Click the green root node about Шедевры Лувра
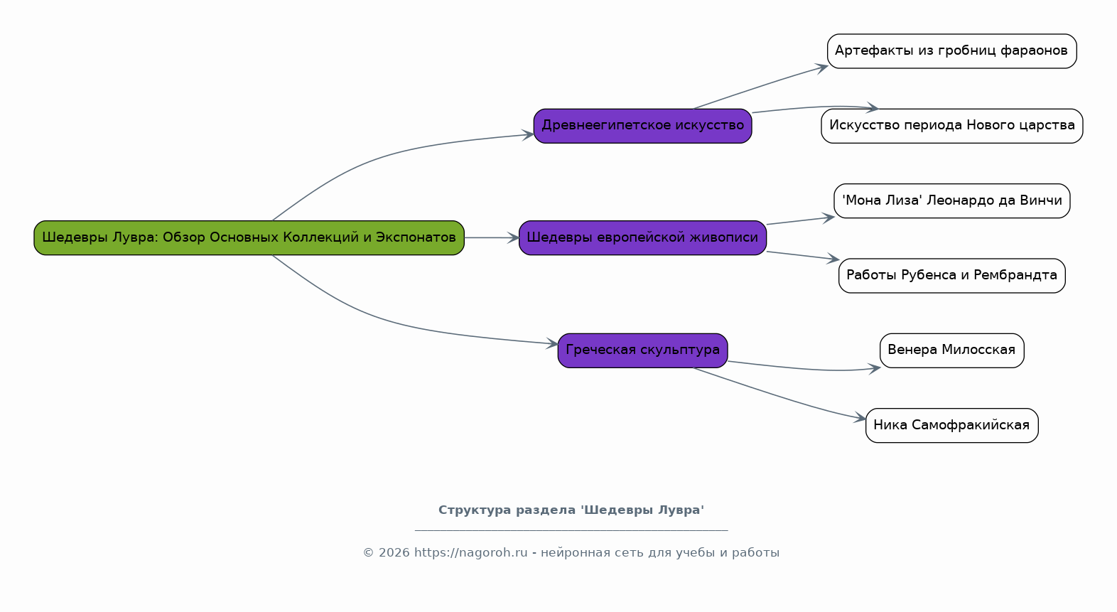(249, 237)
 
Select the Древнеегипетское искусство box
(642, 126)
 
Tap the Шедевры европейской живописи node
(642, 237)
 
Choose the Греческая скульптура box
(642, 350)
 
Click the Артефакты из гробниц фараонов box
(951, 51)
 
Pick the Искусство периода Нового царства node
(951, 126)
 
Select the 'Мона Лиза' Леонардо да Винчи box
(951, 200)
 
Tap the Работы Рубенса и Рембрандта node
(951, 275)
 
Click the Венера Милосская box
(951, 350)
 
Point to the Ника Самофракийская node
(951, 425)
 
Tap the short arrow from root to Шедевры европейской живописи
(491, 237)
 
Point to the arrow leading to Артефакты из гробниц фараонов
(760, 87)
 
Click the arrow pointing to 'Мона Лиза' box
(799, 220)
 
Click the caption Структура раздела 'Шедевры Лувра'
(571, 510)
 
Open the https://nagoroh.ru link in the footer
(470, 553)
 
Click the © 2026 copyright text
(387, 553)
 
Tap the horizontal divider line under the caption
(571, 530)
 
